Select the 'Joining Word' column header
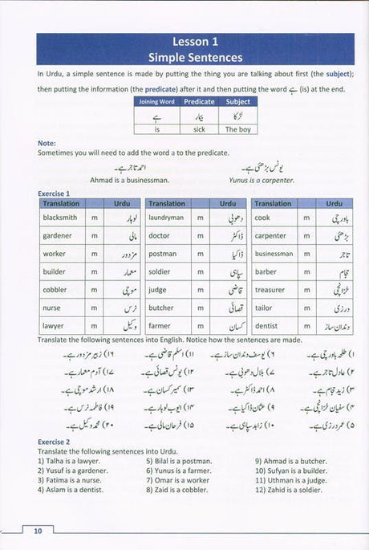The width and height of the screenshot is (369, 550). click(x=156, y=102)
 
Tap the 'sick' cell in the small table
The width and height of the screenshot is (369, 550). click(x=200, y=128)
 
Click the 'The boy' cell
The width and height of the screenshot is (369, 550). click(x=238, y=128)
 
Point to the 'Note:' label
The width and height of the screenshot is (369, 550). click(x=47, y=144)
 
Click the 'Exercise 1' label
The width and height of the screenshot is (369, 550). click(x=54, y=194)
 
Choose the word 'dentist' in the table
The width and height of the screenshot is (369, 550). click(x=266, y=326)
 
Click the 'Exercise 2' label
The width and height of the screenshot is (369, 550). click(x=54, y=442)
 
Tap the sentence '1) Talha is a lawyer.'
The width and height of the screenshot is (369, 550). click(x=74, y=461)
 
